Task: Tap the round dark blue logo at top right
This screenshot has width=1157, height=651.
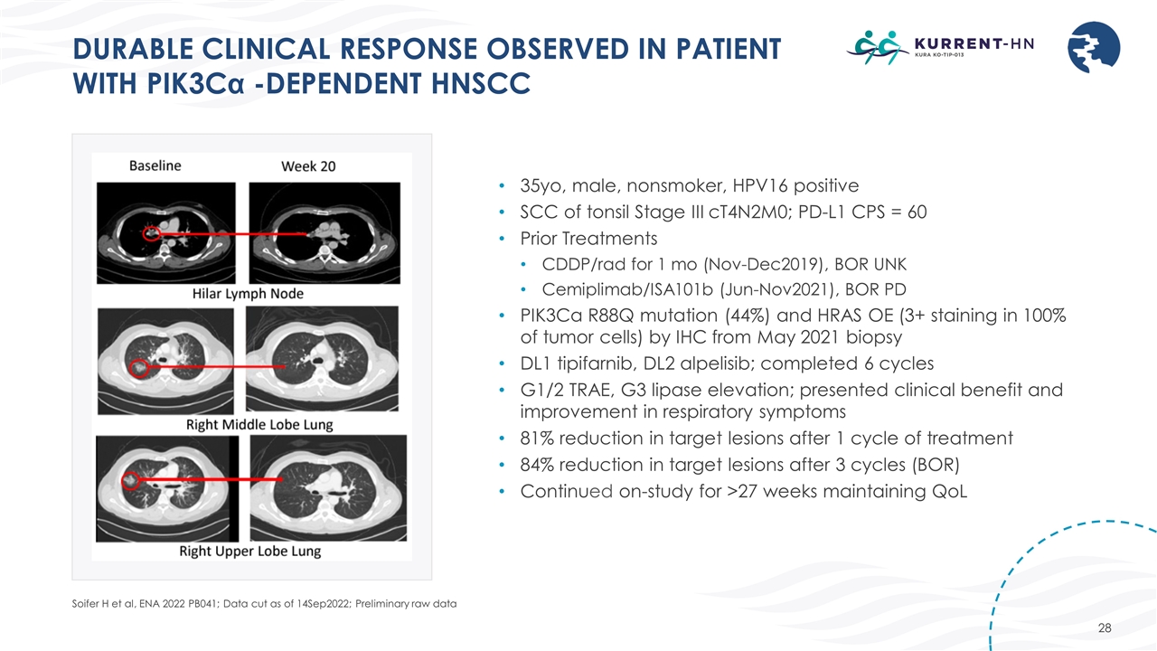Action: (1094, 47)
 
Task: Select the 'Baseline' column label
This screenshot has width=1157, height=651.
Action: (155, 165)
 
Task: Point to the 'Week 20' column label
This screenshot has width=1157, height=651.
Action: (308, 166)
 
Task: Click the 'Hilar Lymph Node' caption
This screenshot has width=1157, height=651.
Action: (247, 294)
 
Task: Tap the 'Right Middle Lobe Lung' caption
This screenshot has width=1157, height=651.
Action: (247, 424)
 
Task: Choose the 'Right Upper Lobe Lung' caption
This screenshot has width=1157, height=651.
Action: (249, 551)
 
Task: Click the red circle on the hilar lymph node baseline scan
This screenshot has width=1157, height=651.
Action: (151, 233)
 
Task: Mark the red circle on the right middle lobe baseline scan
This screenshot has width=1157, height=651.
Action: (138, 368)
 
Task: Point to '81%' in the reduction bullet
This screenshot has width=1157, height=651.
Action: (539, 439)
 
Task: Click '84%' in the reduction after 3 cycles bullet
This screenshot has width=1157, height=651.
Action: (539, 465)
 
